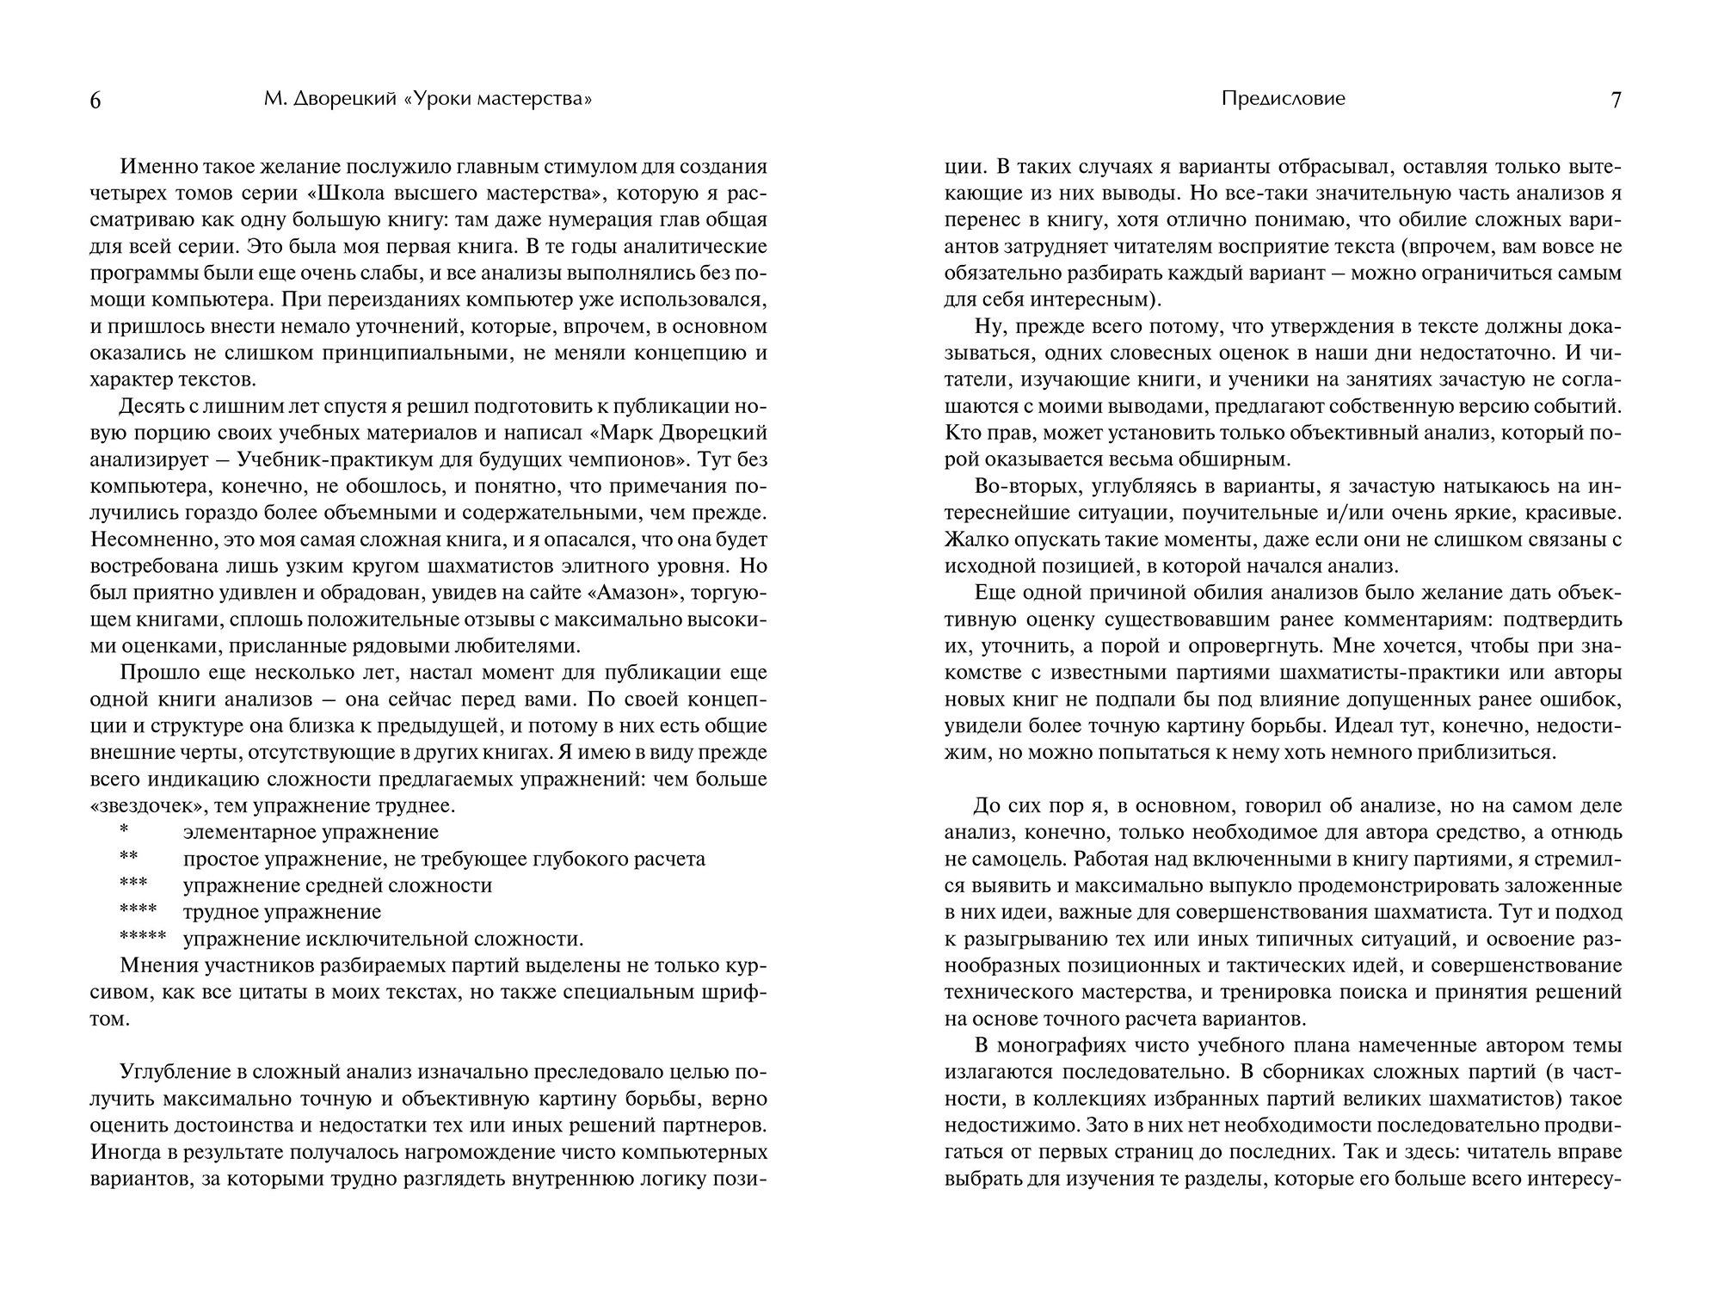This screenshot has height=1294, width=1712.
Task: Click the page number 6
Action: (95, 102)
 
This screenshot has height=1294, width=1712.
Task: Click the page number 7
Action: (1616, 101)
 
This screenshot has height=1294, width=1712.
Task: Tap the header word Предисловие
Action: (1283, 99)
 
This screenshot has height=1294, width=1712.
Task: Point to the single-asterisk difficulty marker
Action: (125, 832)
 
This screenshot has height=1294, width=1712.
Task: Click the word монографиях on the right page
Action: (1064, 1045)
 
